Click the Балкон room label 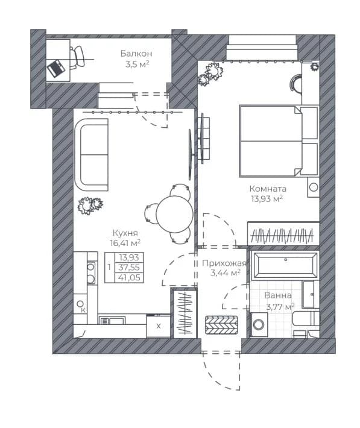[x=136, y=54]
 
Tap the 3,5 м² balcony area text [x=137, y=65]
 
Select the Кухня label [x=125, y=233]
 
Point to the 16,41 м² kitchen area [x=125, y=243]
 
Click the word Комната [x=268, y=189]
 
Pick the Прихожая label [x=224, y=263]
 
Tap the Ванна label [x=278, y=295]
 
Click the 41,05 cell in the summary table [x=129, y=278]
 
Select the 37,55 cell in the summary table [x=129, y=267]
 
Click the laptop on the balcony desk [x=56, y=68]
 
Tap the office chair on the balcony [x=77, y=57]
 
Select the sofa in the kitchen [x=92, y=155]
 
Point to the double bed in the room [x=279, y=141]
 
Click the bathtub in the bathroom [x=285, y=266]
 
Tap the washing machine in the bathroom [x=259, y=324]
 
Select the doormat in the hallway [x=221, y=325]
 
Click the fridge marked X [x=159, y=326]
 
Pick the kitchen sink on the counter [x=112, y=320]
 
